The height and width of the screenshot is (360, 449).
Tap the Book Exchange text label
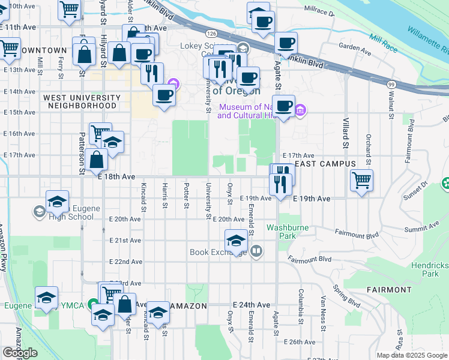[x=216, y=252]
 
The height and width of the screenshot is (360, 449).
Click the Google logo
[x=20, y=353]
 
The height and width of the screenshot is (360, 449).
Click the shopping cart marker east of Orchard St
[x=361, y=179]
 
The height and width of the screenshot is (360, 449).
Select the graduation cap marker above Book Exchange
[x=236, y=241]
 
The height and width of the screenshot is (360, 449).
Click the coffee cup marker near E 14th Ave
[x=164, y=94]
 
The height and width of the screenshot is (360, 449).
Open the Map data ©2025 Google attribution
[x=412, y=355]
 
